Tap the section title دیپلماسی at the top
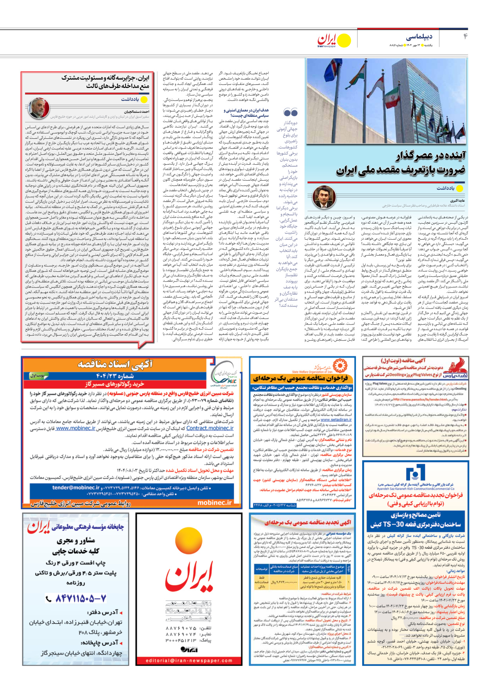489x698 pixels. tap(419, 37)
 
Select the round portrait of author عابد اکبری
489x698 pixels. tap(324, 197)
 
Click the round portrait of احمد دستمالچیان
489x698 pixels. tap(38, 108)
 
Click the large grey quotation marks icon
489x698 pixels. tap(291, 113)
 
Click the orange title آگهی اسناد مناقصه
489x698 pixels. tap(115, 364)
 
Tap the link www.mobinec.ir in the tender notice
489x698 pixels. tap(76, 428)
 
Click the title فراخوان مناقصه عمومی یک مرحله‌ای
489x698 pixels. tap(300, 379)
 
